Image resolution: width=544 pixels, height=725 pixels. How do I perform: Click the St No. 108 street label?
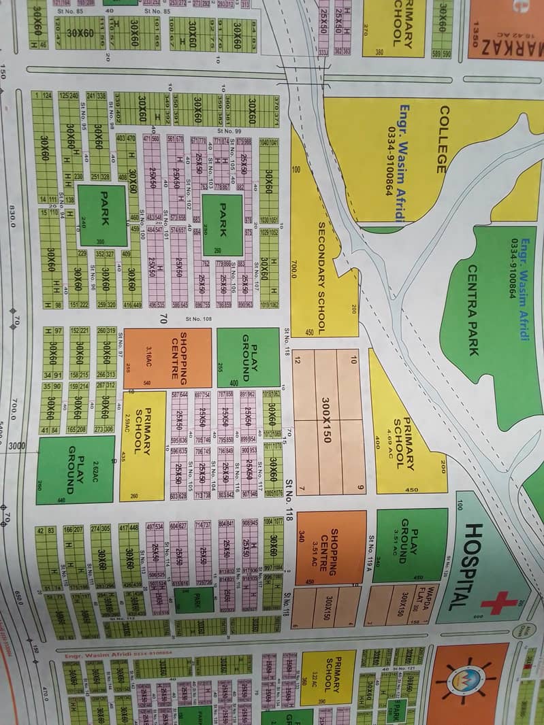point(199,318)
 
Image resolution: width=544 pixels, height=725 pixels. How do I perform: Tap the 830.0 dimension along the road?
point(13,217)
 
